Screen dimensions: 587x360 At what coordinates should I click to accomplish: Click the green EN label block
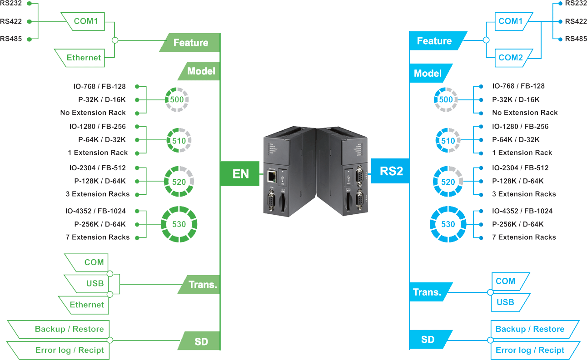tap(240, 173)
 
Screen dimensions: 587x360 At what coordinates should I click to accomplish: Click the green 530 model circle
tap(179, 224)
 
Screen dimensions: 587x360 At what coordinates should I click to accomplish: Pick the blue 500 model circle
tap(446, 99)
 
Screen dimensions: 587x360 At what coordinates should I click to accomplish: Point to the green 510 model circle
tap(179, 140)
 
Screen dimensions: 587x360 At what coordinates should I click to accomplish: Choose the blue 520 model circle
tap(448, 182)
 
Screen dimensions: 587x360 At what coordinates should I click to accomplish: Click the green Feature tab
tap(190, 42)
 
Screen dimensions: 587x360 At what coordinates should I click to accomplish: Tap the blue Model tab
tap(430, 73)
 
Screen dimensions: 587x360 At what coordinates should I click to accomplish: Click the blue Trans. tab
tap(430, 292)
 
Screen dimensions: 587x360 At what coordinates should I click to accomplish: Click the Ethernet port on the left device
tap(272, 176)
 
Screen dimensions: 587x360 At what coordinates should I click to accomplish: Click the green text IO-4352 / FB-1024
tap(95, 211)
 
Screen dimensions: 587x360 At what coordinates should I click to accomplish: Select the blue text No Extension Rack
tap(525, 113)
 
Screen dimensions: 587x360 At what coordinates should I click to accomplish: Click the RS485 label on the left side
tap(11, 39)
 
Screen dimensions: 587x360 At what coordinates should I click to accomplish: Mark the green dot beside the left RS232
tap(30, 3)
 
